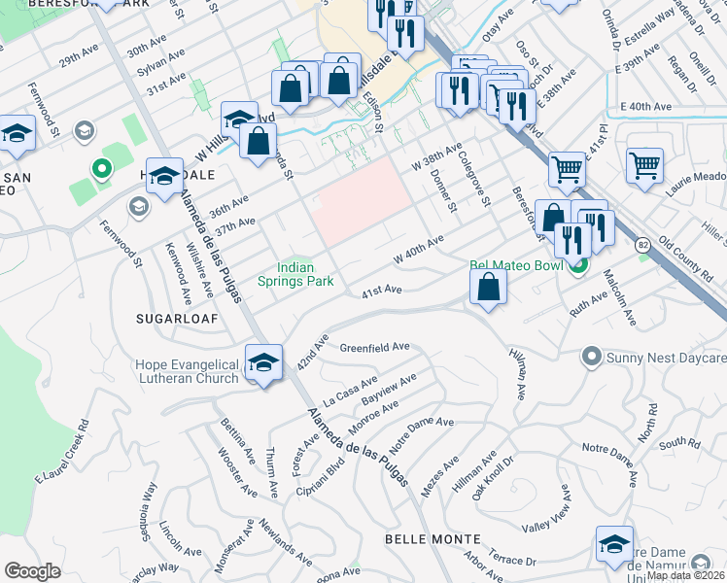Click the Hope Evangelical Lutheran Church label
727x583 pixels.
click(187, 370)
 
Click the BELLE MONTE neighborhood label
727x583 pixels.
click(433, 538)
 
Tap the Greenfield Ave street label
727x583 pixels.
click(374, 347)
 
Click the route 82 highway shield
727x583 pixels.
click(643, 247)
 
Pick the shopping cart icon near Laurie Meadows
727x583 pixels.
click(644, 167)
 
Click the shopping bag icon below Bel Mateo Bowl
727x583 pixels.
click(488, 288)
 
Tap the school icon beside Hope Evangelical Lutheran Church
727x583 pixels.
click(262, 363)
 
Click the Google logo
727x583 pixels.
click(32, 571)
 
